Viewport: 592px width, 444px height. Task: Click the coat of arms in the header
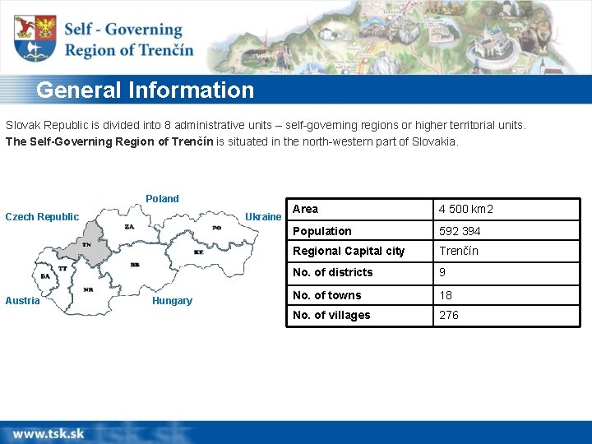35,39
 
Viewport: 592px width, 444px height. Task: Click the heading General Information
146,90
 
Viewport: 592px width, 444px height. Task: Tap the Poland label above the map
162,198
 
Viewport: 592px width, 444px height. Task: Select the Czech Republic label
42,217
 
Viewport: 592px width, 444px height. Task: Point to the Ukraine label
263,217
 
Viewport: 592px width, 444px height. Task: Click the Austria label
22,301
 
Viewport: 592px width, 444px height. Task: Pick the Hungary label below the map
172,301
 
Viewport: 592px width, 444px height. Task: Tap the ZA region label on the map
129,226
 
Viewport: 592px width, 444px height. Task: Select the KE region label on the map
198,252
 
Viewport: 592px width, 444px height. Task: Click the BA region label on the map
44,276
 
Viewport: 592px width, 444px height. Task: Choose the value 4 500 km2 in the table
466,210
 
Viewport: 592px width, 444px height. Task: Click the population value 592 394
460,231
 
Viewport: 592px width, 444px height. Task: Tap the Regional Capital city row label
349,251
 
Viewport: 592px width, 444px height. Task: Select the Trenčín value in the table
458,251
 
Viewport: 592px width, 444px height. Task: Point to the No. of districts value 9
442,272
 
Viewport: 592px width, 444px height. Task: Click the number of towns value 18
446,295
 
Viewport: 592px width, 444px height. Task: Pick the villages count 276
449,315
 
